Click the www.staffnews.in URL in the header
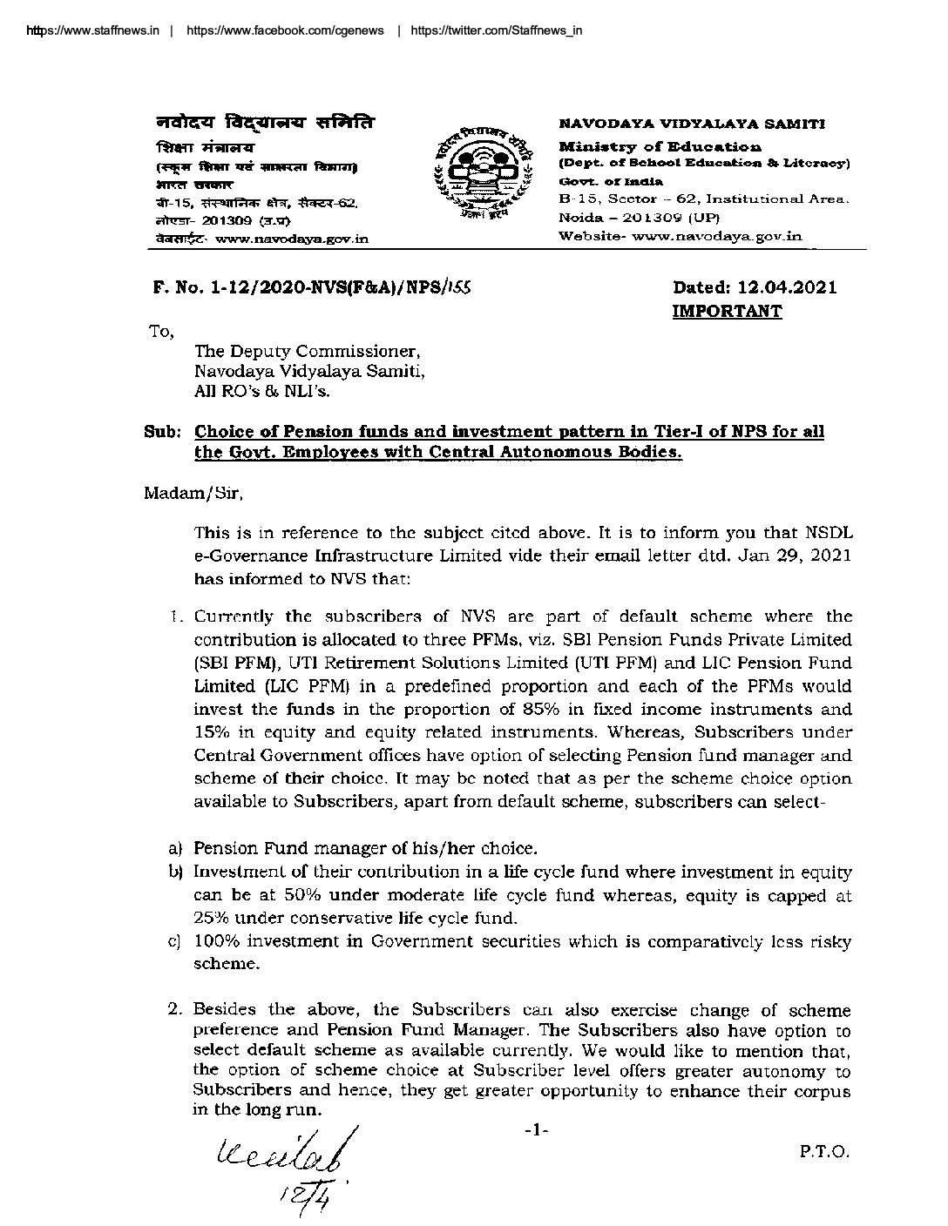click(91, 30)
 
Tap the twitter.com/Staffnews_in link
click(495, 30)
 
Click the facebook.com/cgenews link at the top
click(284, 30)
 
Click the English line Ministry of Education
click(660, 147)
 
